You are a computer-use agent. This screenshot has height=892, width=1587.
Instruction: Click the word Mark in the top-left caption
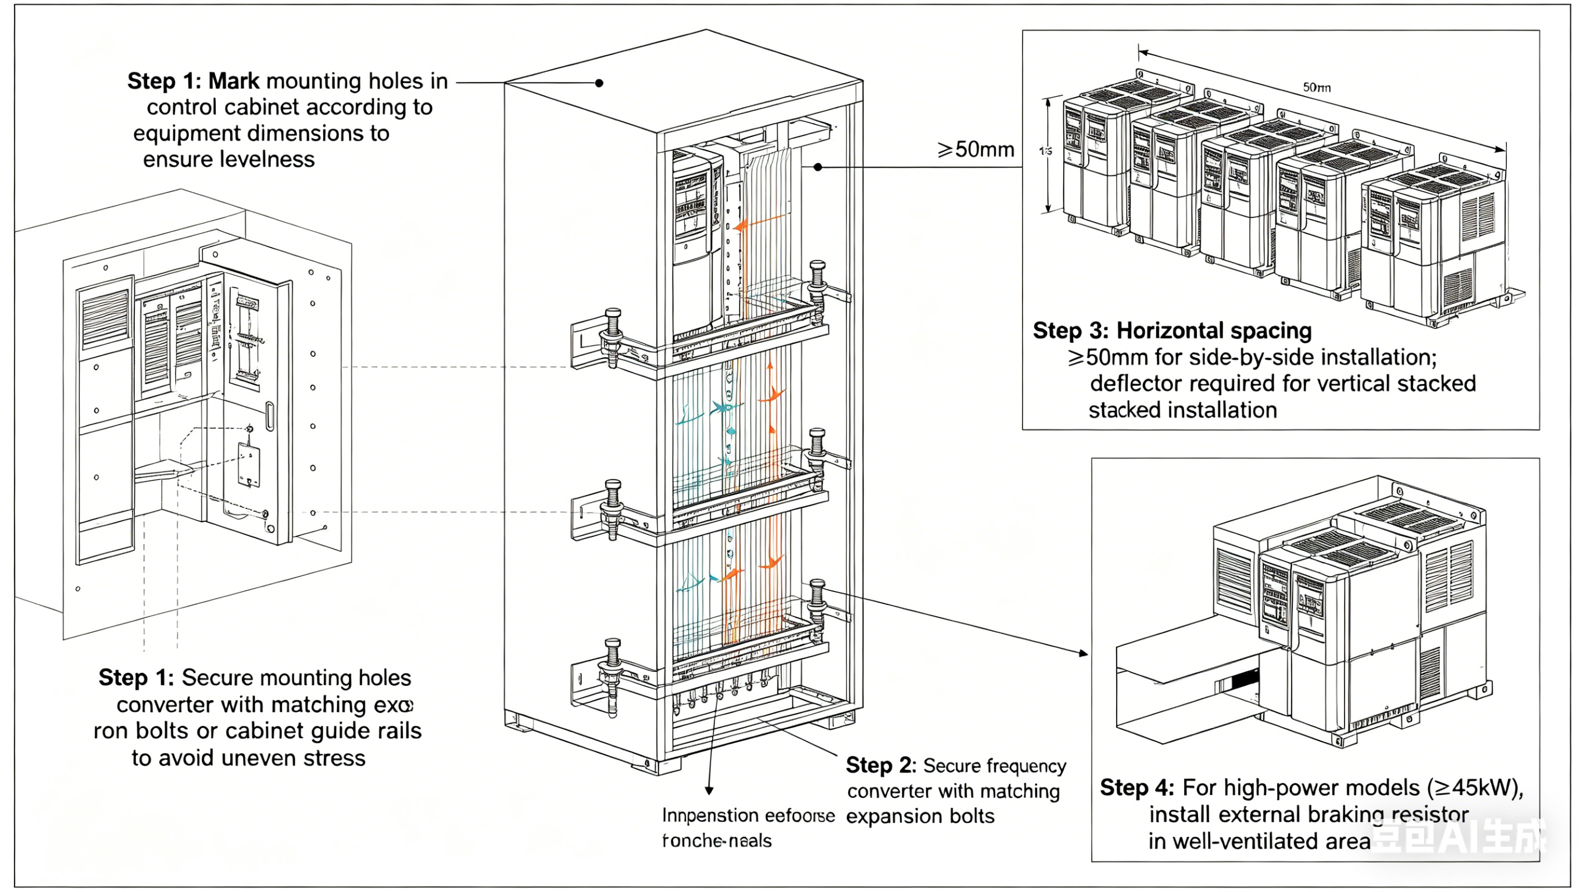[234, 81]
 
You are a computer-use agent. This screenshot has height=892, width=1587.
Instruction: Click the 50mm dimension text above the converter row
[1317, 88]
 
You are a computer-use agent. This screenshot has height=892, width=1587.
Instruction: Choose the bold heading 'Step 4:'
[1137, 787]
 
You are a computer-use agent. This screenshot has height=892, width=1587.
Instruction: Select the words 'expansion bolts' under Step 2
[920, 816]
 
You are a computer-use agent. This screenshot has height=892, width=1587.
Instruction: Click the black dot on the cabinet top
[599, 83]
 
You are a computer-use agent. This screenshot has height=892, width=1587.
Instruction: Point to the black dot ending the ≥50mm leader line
[817, 167]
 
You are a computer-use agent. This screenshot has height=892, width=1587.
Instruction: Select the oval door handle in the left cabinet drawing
[269, 416]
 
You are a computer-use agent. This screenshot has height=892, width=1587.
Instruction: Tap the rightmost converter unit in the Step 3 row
[1435, 246]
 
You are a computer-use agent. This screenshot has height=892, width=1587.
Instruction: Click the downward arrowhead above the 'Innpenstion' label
[709, 790]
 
